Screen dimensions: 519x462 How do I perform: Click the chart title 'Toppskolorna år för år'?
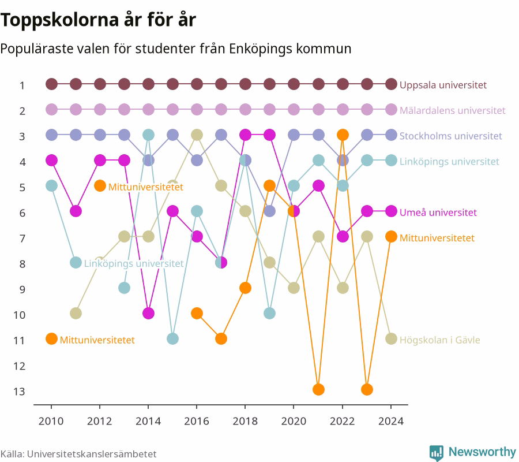[x=98, y=20]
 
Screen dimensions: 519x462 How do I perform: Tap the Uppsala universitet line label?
[x=443, y=85]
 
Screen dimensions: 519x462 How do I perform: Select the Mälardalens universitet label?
[x=453, y=110]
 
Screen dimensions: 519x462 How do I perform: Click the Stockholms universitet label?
[x=450, y=136]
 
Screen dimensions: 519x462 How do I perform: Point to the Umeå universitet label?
[x=438, y=213]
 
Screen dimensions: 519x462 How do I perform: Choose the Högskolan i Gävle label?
[x=439, y=340]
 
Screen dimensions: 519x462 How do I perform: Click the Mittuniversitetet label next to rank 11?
[x=97, y=340]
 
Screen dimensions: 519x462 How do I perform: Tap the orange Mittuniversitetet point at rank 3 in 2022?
[x=343, y=135]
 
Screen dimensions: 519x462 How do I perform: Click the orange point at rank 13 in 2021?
[x=318, y=389]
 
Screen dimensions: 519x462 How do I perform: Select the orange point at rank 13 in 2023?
[x=367, y=389]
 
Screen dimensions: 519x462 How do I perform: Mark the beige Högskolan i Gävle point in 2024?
[x=391, y=339]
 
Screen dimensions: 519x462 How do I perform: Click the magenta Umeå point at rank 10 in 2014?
[x=148, y=313]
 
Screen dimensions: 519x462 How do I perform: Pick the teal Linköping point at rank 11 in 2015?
[x=172, y=339]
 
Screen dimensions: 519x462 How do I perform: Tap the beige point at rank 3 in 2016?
[x=197, y=135]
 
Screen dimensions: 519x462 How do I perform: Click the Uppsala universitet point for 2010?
[x=51, y=84]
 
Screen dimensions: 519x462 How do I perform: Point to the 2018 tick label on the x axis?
[x=245, y=421]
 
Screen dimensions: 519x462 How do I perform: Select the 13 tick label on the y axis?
[x=19, y=392]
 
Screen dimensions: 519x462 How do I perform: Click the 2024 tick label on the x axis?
[x=391, y=421]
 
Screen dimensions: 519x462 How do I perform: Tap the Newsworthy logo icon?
[x=437, y=453]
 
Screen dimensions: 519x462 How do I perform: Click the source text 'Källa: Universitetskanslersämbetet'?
[x=78, y=454]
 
